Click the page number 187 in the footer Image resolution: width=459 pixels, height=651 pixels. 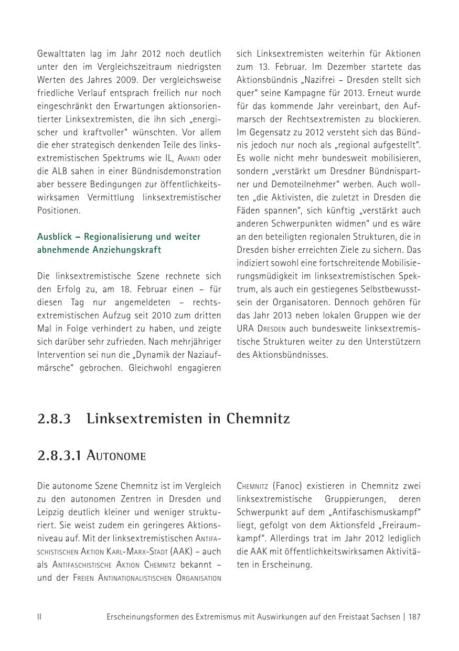pyautogui.click(x=414, y=617)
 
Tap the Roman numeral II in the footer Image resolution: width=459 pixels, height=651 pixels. pyautogui.click(x=39, y=617)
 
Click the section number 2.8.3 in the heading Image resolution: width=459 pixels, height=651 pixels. pyautogui.click(x=54, y=419)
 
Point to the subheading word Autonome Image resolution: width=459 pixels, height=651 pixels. pyautogui.click(x=115, y=456)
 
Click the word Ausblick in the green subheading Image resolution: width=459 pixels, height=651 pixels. pyautogui.click(x=54, y=237)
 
